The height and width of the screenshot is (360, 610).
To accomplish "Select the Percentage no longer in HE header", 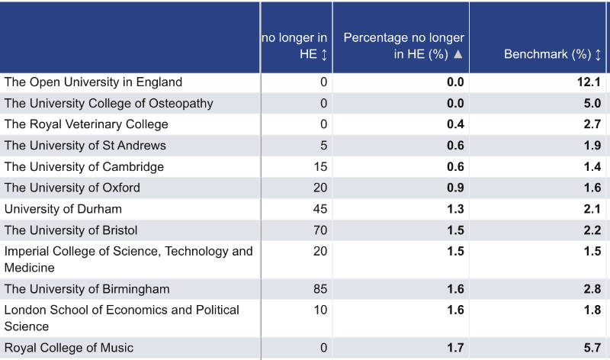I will [x=403, y=46].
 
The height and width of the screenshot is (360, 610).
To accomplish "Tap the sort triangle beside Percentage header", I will [x=457, y=55].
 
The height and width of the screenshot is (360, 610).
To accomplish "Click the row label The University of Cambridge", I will [x=84, y=167].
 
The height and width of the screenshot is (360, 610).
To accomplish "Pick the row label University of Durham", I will [x=63, y=209].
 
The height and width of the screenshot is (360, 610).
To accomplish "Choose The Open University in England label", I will [x=94, y=82].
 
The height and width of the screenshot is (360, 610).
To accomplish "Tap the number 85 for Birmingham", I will [x=319, y=289].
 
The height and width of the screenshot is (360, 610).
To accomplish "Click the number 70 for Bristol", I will [x=319, y=230].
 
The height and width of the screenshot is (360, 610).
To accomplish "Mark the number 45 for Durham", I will [x=319, y=209].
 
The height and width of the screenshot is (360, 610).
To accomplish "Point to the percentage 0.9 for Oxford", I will [x=455, y=188].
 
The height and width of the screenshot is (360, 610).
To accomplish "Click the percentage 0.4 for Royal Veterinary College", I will [x=455, y=124].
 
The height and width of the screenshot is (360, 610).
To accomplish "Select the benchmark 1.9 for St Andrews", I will [x=592, y=146].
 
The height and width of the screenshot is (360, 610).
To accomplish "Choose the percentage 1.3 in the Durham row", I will [x=455, y=209].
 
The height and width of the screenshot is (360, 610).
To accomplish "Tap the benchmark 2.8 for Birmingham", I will [x=592, y=289].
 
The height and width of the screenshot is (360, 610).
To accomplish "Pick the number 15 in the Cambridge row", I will [x=319, y=167].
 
